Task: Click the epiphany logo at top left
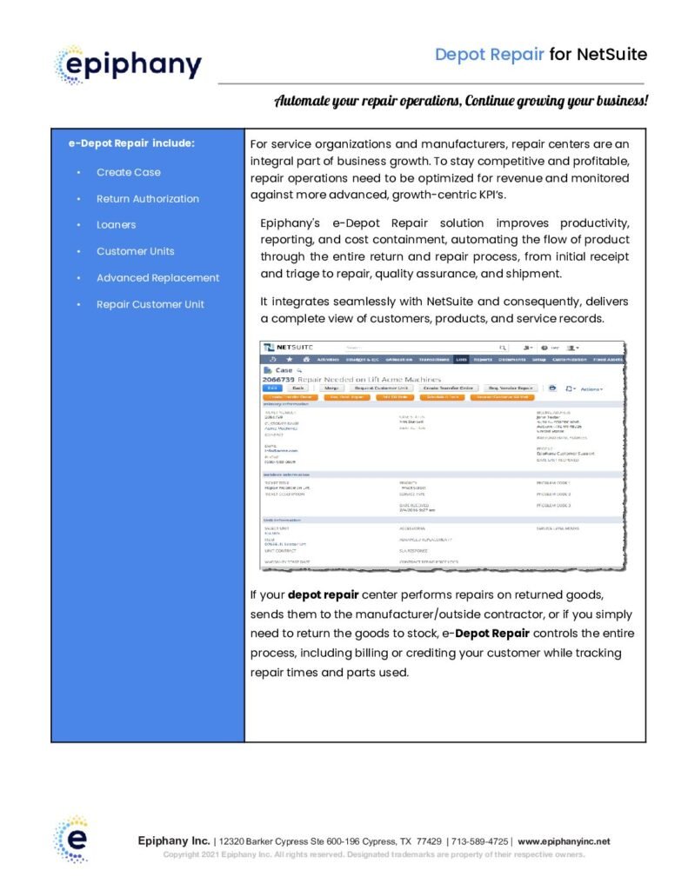tap(128, 63)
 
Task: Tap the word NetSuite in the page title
tap(611, 55)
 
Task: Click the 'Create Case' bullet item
tap(128, 172)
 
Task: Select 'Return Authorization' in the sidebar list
tap(147, 198)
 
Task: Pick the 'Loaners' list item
tap(116, 224)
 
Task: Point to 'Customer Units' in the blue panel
tap(135, 251)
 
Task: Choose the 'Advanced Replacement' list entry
tap(157, 278)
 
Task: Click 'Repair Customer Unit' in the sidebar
tap(150, 304)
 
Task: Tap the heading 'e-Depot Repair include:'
tap(131, 143)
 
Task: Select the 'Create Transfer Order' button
tap(448, 388)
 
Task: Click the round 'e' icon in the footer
tap(70, 840)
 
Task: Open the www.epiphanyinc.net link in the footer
tap(564, 841)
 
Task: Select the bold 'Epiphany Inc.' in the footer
tap(174, 841)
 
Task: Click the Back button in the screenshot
tap(298, 388)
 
